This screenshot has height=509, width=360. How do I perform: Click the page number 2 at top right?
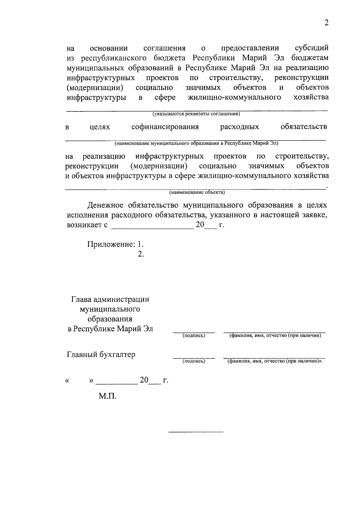tap(327, 23)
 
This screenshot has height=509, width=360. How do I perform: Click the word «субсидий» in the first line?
tap(312, 48)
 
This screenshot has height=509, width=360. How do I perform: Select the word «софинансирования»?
tap(165, 127)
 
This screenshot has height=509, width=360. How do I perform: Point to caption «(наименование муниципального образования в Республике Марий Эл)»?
tap(196, 143)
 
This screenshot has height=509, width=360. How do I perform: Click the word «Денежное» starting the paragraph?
tap(105, 205)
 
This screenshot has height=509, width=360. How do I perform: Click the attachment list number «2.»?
tap(141, 254)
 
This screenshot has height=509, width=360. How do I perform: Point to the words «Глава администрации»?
tap(110, 299)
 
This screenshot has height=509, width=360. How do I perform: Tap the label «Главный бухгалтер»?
tap(101, 355)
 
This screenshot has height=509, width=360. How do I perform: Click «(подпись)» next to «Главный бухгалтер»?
tap(194, 361)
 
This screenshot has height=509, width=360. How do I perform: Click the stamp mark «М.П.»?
tap(107, 396)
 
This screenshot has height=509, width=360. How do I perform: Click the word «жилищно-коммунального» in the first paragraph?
tap(234, 97)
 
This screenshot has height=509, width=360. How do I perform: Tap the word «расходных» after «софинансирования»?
tap(239, 127)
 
